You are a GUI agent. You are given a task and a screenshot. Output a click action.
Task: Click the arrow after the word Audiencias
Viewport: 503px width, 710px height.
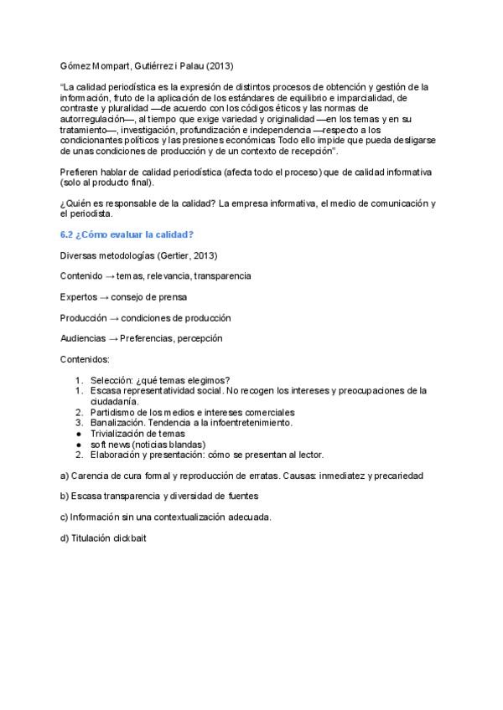[x=113, y=339]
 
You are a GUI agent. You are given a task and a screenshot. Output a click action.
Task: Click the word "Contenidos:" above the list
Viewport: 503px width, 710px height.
[x=85, y=360]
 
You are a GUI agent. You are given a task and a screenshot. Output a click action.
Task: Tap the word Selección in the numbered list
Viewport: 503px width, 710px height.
[x=111, y=381]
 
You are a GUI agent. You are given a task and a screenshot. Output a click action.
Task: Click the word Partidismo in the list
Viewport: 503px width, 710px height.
[x=114, y=412]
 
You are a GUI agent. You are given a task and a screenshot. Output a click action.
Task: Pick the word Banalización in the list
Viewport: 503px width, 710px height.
[x=118, y=423]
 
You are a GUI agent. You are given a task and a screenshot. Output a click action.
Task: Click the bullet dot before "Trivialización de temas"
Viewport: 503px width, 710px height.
[x=78, y=434]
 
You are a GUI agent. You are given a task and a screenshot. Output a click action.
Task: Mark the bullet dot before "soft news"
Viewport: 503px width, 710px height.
[x=78, y=444]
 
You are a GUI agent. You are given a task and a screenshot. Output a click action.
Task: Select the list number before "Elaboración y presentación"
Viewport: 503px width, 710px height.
[x=78, y=455]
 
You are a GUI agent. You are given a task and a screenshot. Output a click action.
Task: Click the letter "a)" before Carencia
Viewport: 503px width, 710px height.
[x=65, y=476]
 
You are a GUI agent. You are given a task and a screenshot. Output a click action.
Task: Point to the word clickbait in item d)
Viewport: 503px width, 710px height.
[x=130, y=538]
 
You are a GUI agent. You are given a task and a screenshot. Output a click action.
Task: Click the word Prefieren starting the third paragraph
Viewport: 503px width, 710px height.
[x=80, y=172]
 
